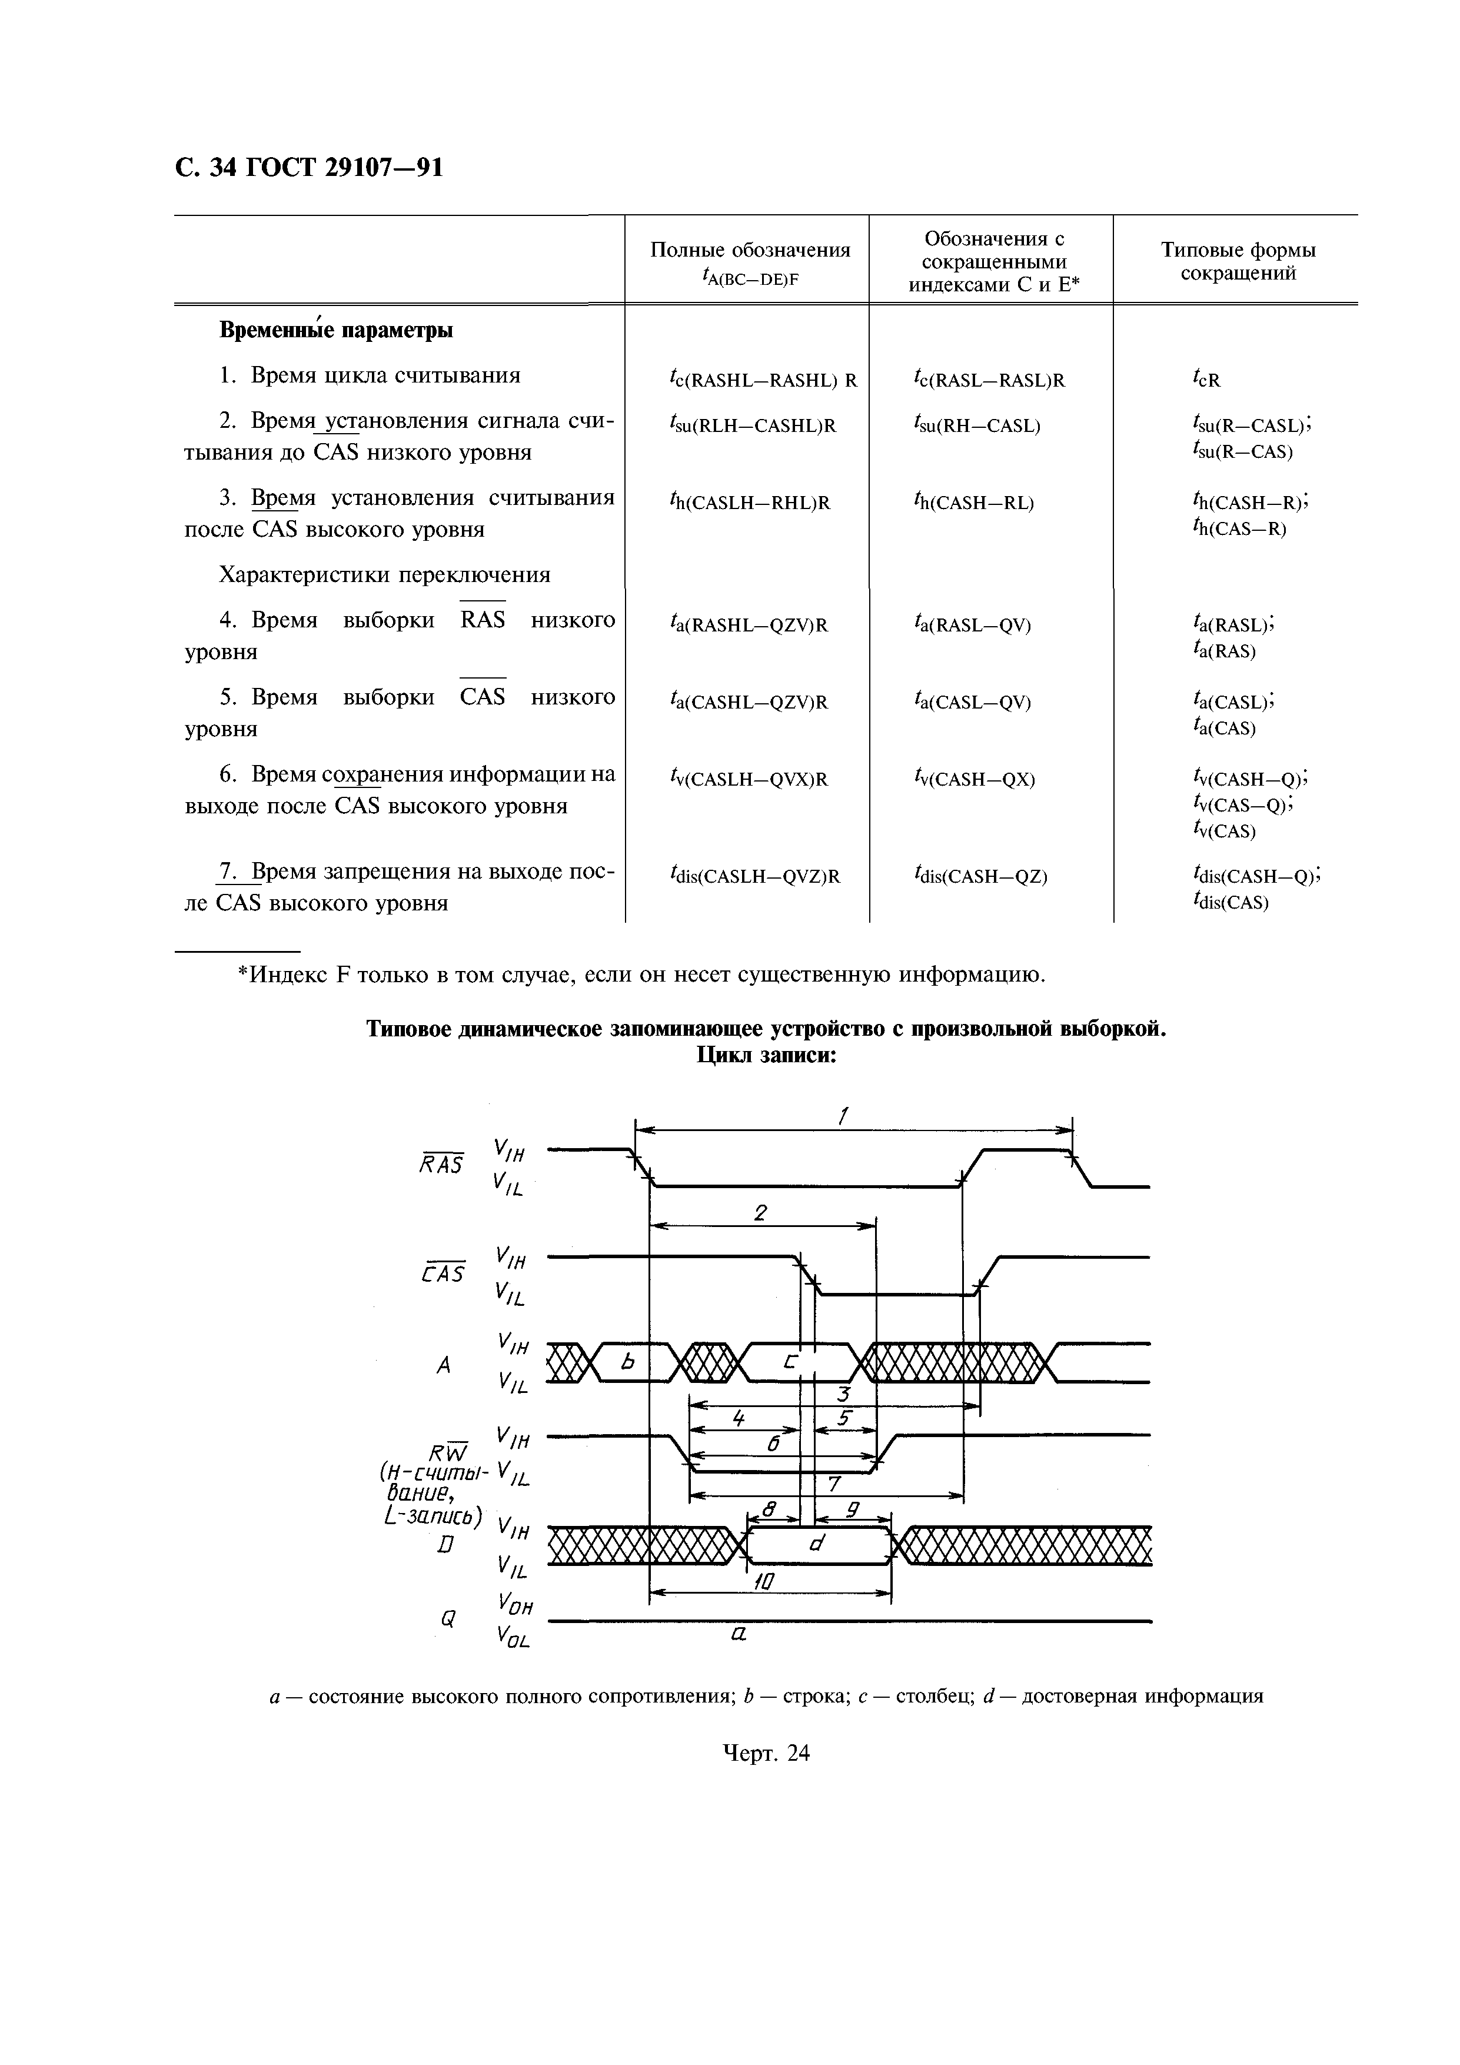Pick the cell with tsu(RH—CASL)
976,425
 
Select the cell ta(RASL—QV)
972,625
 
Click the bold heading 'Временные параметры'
335,331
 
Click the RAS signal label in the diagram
442,1164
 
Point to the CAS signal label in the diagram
443,1273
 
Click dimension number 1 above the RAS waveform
843,1116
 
